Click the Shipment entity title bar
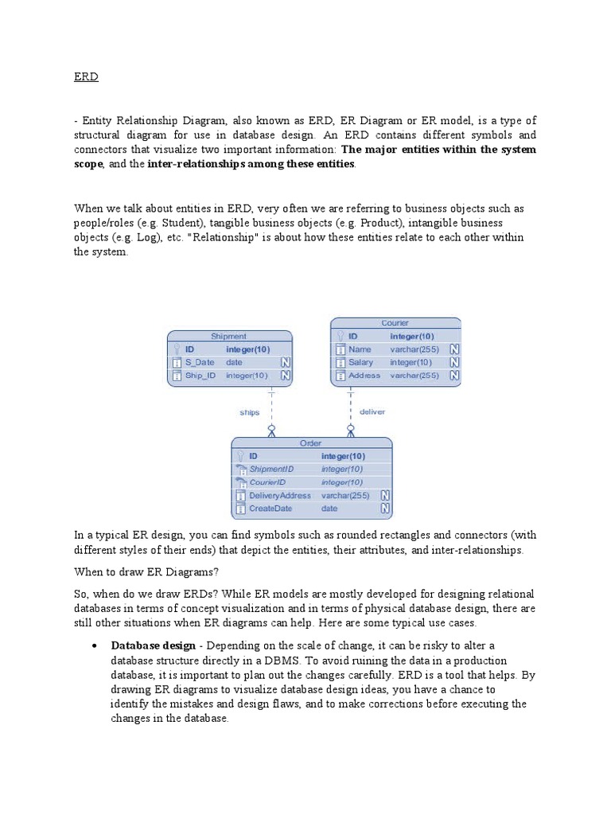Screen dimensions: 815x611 coord(228,336)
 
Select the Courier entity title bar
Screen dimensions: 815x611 coord(395,323)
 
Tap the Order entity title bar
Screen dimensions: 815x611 coord(310,443)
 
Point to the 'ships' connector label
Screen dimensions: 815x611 coord(250,412)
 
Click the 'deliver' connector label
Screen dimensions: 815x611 coord(372,411)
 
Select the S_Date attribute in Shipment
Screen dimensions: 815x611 coord(200,362)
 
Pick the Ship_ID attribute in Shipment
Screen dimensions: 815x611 coord(200,375)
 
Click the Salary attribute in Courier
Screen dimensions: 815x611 coord(360,362)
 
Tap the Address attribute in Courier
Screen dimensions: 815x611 coord(364,375)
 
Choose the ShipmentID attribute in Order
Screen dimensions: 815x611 coord(271,469)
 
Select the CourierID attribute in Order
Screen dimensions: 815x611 coord(267,482)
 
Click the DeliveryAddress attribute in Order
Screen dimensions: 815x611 coord(279,495)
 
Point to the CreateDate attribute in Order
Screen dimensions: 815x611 coord(270,508)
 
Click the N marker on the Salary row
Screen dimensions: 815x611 coord(453,362)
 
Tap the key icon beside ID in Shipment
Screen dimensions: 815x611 coord(177,349)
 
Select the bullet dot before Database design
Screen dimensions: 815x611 coord(95,645)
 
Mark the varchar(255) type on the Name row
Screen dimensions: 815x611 coord(414,349)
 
